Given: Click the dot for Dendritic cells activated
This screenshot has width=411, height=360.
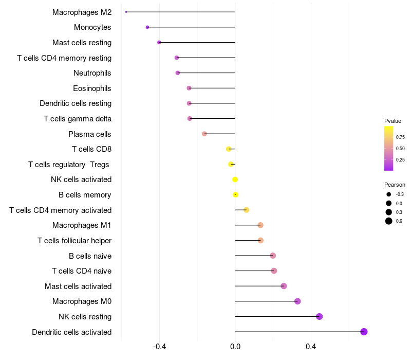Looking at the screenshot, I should (364, 332).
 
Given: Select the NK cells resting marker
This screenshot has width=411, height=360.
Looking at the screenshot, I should (319, 316).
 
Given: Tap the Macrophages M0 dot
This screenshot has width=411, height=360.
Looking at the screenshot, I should (297, 301).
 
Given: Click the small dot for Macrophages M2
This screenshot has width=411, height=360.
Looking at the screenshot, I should (126, 12).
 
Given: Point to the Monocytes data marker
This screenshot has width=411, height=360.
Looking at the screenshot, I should (147, 27).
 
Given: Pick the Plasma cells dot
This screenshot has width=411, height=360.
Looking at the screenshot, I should (204, 134).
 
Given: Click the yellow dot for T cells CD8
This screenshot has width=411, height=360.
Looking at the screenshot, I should (229, 149).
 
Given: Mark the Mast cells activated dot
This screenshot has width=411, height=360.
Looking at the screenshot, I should (284, 286).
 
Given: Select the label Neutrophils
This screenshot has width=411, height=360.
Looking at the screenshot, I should (92, 73).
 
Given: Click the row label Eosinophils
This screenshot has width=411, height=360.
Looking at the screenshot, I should (92, 88).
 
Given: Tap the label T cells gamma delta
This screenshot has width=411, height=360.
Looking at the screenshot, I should (78, 119).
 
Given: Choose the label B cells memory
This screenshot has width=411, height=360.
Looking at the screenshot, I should (85, 195).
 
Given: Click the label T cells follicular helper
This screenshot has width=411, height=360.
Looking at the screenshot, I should (74, 241).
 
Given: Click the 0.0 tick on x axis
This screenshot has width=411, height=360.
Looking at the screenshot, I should (235, 347).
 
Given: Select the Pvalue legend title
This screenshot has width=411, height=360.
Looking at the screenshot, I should (393, 121).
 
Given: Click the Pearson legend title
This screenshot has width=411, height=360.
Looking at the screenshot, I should (395, 185).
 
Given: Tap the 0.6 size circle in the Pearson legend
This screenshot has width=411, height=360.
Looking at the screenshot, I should (389, 221).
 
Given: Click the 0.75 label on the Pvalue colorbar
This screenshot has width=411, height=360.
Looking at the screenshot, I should (400, 137).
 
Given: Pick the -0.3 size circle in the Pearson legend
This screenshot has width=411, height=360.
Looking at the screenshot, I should (389, 194).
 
